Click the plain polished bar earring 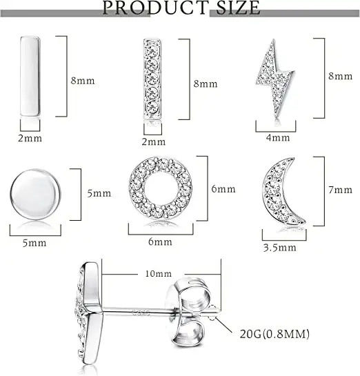30,77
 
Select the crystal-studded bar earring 152,79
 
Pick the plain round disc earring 35,195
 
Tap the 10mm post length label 159,274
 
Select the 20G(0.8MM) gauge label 274,334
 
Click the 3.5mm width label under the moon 280,248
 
